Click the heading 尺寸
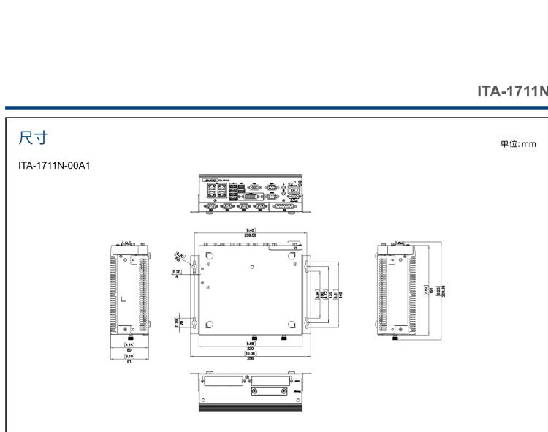click(34, 137)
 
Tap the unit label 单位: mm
click(517, 143)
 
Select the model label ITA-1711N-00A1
click(58, 166)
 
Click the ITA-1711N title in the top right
click(511, 91)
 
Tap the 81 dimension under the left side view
click(129, 360)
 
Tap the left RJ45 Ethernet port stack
click(210, 192)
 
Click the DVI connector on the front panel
click(249, 197)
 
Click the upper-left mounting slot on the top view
click(195, 268)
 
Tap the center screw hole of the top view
click(252, 266)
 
